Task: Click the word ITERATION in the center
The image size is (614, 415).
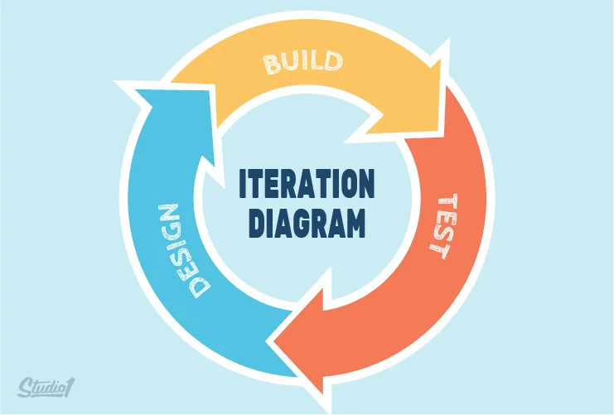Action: [307, 185]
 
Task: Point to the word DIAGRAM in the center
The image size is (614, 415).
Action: [307, 222]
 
